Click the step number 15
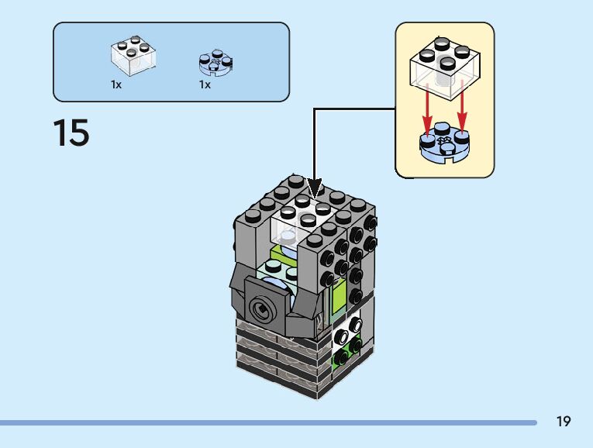71,132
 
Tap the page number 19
563,421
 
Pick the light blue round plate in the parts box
215,62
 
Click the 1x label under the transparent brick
116,84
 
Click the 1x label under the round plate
205,84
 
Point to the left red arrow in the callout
427,109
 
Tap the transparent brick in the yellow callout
445,68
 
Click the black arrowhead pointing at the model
314,188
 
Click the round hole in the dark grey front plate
262,309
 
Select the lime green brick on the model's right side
339,297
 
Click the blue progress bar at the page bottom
268,422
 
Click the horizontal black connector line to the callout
354,109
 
